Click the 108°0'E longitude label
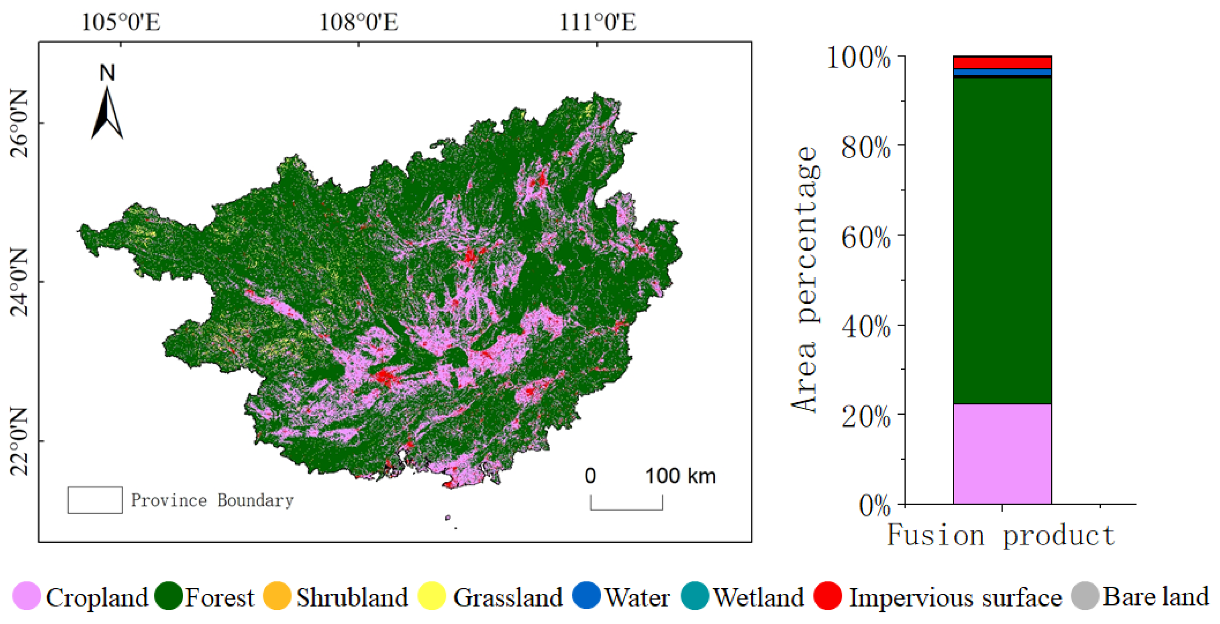point(359,22)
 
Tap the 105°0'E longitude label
point(121,22)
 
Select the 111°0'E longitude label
point(598,22)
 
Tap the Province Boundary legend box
point(95,500)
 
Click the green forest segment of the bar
point(1002,241)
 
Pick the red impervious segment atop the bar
point(1002,63)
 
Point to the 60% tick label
point(866,237)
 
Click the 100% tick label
point(858,58)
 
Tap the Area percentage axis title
point(805,280)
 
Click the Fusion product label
point(1001,535)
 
